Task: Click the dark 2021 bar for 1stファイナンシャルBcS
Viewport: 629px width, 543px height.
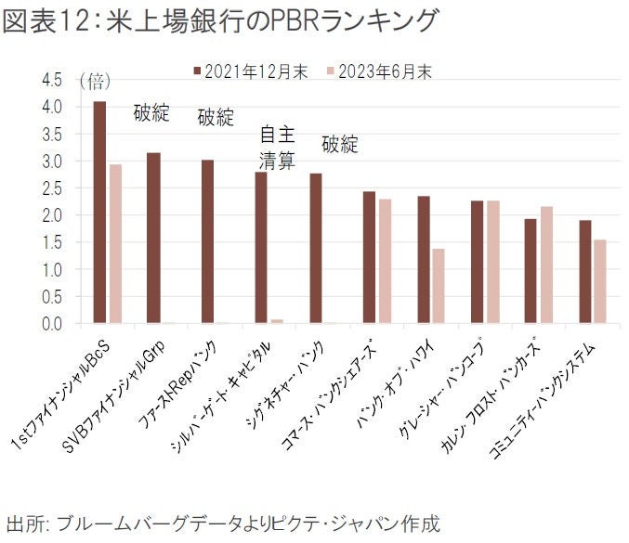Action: click(x=99, y=213)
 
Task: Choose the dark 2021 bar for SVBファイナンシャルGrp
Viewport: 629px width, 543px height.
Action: click(x=153, y=238)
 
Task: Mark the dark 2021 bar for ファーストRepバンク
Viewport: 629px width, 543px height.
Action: click(x=207, y=241)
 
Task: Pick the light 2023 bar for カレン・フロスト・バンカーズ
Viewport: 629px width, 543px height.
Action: click(x=546, y=265)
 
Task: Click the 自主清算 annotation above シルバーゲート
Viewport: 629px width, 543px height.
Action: click(x=276, y=148)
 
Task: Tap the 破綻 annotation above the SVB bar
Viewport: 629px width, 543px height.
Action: click(x=152, y=113)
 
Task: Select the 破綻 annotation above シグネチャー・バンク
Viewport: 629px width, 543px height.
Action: click(x=340, y=145)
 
